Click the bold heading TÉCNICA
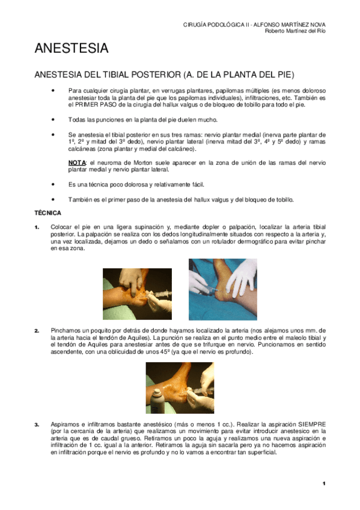pyautogui.click(x=46, y=213)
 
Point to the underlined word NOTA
pyautogui.click(x=76, y=163)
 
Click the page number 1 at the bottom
pyautogui.click(x=323, y=484)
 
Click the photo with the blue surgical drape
pyautogui.click(x=222, y=281)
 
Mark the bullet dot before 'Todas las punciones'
pyautogui.click(x=54, y=120)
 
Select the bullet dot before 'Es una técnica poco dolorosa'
pyautogui.click(x=54, y=185)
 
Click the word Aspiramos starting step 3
pyautogui.click(x=66, y=425)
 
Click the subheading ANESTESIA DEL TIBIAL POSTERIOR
pyautogui.click(x=164, y=75)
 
